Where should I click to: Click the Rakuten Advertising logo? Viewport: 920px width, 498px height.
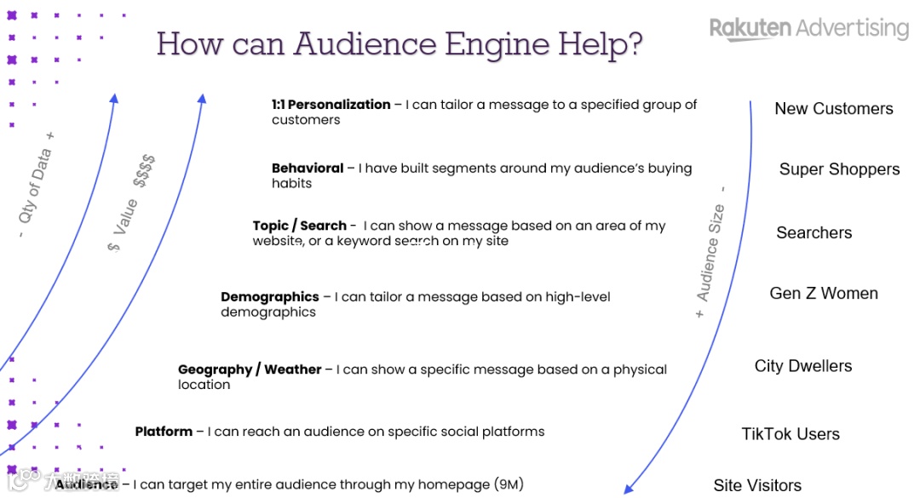[x=808, y=29]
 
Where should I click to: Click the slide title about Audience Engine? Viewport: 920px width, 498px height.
[x=400, y=43]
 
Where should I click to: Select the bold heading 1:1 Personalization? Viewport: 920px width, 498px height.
[x=331, y=105]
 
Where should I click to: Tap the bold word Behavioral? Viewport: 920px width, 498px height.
[x=308, y=169]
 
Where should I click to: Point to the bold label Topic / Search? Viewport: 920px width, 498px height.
[x=299, y=226]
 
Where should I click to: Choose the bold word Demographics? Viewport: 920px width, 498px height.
[x=269, y=297]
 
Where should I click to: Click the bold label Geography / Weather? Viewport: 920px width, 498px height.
[x=250, y=369]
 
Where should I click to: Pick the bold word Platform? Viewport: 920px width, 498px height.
[x=164, y=432]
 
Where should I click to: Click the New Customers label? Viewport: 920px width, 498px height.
[x=833, y=109]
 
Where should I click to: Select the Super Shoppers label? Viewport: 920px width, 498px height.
[x=839, y=169]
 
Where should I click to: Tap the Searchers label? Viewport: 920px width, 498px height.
[x=814, y=232]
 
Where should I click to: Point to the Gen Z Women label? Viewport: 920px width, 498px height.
[x=823, y=294]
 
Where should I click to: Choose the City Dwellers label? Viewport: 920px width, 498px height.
[x=802, y=366]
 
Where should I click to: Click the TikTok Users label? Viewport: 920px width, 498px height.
[x=790, y=434]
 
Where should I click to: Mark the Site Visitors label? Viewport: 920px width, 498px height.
[x=757, y=485]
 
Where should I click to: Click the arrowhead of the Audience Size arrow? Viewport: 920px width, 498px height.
[x=629, y=489]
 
